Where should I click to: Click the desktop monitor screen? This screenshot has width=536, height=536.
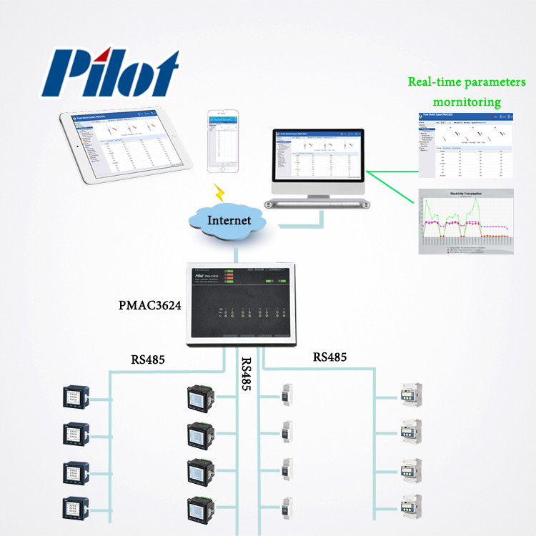[x=317, y=154]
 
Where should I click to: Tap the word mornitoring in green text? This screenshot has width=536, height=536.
[x=465, y=102]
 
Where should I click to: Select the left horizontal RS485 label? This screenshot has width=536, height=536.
[x=148, y=359]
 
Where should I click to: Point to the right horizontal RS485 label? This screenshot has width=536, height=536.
[x=331, y=357]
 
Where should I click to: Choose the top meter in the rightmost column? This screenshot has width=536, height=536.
[x=408, y=396]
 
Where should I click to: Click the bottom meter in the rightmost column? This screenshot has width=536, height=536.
[x=408, y=507]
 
